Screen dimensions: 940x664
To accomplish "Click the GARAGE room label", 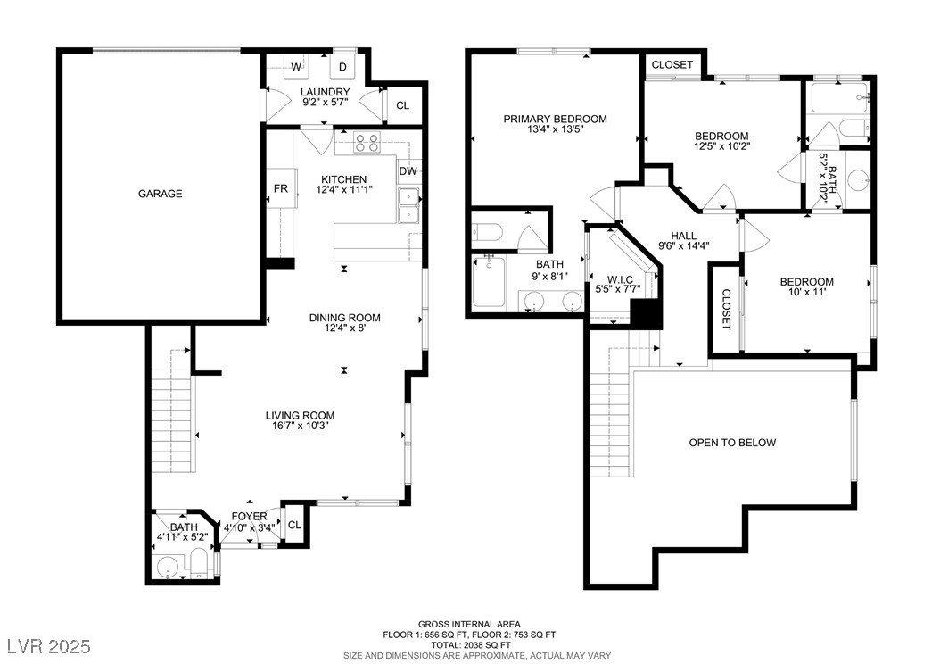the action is click(160, 194).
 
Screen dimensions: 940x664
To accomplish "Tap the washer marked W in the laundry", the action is click(296, 66).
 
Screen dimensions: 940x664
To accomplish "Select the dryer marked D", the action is click(342, 66).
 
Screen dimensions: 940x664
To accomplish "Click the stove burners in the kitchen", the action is click(367, 143).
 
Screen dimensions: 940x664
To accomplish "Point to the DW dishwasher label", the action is click(408, 171).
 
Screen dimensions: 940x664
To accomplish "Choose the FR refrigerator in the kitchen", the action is click(281, 188).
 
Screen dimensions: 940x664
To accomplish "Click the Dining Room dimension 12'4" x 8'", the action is click(345, 328).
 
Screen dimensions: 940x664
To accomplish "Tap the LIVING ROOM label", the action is click(300, 415).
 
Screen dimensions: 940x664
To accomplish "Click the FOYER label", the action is click(250, 517).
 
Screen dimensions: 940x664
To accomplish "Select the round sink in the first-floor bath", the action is click(168, 568).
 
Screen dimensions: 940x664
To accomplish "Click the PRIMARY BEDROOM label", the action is click(555, 119).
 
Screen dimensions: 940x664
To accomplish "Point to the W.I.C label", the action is click(620, 279).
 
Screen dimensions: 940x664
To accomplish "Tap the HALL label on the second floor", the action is click(683, 236).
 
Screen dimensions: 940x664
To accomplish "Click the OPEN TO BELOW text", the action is click(732, 443).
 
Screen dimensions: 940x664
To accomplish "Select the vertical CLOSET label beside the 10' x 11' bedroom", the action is click(726, 310).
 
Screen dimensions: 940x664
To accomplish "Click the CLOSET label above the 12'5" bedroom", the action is click(672, 65).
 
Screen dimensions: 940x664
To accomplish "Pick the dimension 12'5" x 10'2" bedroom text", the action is click(721, 145).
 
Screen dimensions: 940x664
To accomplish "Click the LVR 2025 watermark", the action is click(49, 646).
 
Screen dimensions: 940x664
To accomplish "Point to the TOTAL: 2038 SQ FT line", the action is click(469, 644).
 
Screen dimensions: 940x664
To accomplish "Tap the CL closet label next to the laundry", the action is click(403, 105).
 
